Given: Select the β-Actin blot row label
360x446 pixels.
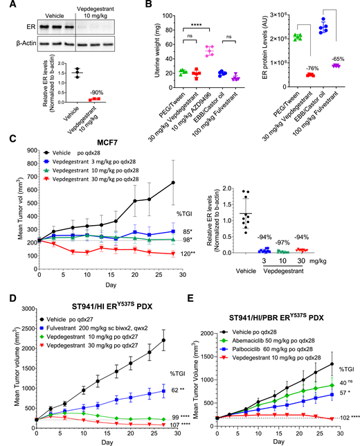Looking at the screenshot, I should pos(17,44).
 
